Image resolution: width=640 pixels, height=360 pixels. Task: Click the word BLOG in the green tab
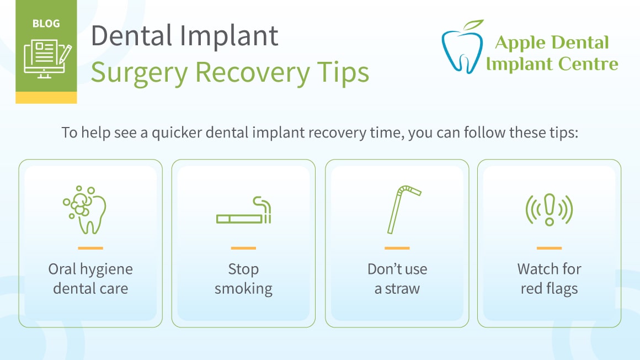click(x=46, y=24)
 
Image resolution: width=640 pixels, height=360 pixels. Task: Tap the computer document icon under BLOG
click(x=46, y=57)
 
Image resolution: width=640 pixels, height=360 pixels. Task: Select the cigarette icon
click(x=244, y=213)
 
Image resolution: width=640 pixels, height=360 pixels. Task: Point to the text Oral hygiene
click(x=90, y=269)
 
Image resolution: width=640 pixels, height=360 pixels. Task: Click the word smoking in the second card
click(x=243, y=288)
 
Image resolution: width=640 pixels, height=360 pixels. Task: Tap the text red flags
click(x=549, y=288)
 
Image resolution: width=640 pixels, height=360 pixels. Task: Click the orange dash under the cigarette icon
click(x=243, y=248)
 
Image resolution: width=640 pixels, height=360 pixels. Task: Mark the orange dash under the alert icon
click(x=549, y=248)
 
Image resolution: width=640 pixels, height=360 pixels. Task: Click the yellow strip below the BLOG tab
click(x=46, y=98)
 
